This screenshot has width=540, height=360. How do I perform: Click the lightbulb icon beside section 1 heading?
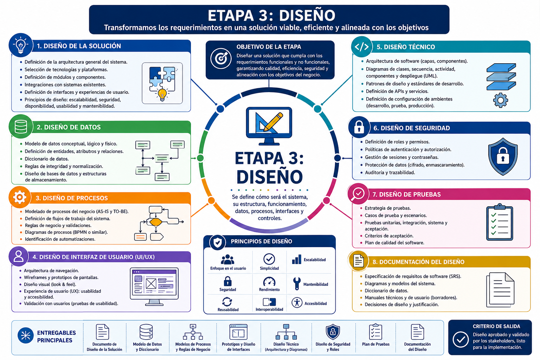tap(21, 45)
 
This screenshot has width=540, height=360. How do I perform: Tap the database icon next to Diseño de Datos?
tap(21, 126)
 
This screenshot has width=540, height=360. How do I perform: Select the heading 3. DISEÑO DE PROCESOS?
tap(72, 198)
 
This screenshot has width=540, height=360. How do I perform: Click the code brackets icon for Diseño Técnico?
tap(362, 46)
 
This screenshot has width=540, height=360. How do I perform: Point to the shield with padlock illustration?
tap(503, 156)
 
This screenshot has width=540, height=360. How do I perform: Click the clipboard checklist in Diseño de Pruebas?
tap(500, 222)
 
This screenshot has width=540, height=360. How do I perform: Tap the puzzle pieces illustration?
tap(162, 83)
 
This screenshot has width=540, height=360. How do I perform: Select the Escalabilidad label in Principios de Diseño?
tap(314, 260)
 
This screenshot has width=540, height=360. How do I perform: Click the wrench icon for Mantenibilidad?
tap(297, 283)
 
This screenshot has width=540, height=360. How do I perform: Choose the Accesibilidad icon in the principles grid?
tap(297, 303)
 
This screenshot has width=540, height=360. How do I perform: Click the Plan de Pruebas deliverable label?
tap(375, 344)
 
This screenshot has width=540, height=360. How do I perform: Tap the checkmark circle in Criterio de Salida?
tap(461, 339)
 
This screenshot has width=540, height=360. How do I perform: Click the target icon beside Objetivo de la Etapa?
tap(221, 58)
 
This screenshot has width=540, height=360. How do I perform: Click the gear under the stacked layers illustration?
tap(501, 100)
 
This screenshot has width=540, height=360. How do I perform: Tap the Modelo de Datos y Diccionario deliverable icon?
tap(146, 332)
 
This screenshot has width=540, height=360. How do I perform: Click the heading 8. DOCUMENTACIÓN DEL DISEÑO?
tap(418, 262)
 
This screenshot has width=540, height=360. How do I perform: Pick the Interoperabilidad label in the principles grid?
tap(269, 309)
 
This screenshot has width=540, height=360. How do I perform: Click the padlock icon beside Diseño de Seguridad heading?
tap(359, 127)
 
